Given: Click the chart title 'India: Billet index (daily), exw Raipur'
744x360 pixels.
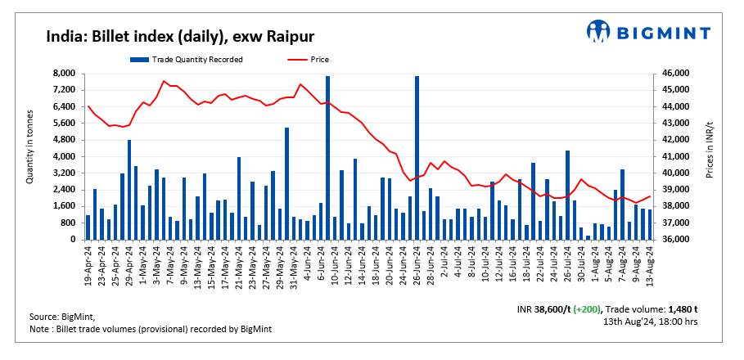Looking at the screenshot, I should click(179, 36).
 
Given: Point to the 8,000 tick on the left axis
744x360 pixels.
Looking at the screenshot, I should click(64, 74).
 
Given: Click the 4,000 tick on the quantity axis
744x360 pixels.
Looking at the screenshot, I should click(64, 156).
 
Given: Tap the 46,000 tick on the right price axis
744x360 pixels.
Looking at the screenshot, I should click(676, 74).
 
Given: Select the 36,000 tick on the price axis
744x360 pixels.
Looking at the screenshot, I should click(676, 240).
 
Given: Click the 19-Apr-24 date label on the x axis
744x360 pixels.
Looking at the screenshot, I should click(88, 263).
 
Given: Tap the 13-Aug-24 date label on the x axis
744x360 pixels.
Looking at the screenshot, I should click(650, 263).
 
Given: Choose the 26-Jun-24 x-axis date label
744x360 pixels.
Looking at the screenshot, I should click(417, 263).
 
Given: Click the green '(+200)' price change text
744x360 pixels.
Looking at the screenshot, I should click(585, 308).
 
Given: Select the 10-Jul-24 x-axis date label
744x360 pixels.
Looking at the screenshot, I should click(485, 263).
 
